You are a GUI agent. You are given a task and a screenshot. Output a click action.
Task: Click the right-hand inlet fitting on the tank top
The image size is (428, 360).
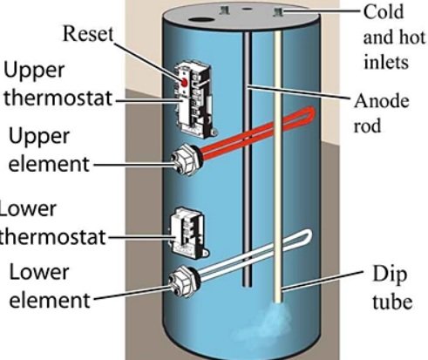click(x=282, y=11)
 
